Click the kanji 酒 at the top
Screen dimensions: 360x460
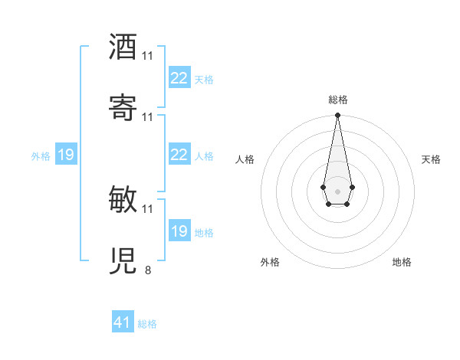coord(123,47)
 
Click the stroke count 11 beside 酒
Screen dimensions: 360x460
coord(148,56)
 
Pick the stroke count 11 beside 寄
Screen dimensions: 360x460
coord(148,116)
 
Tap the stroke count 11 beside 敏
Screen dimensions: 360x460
coord(148,208)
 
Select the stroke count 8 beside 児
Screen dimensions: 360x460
coord(148,270)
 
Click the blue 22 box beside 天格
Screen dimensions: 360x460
coord(179,78)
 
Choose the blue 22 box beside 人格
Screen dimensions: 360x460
coord(179,155)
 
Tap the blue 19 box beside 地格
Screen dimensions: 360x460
coord(179,231)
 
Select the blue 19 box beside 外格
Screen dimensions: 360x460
coord(65,155)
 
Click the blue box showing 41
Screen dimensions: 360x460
coord(123,322)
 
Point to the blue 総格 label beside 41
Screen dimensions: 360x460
coord(147,324)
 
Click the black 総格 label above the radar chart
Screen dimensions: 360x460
coord(338,100)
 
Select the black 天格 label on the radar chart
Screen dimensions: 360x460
coord(431,159)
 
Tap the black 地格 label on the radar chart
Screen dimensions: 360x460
coord(402,262)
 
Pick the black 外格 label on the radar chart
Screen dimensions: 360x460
coord(270,262)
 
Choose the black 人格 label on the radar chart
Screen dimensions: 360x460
coord(245,159)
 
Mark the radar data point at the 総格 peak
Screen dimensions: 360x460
coord(337,116)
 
